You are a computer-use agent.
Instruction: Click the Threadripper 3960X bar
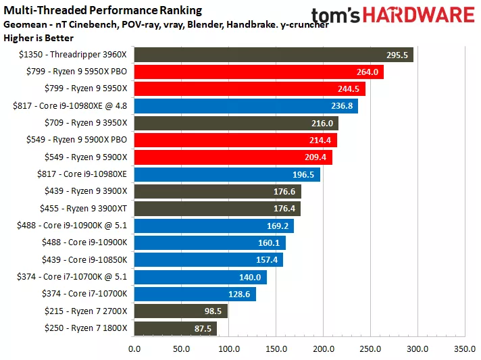(x=273, y=55)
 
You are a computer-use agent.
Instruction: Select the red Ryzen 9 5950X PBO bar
(x=258, y=72)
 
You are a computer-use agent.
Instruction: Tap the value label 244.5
(x=349, y=89)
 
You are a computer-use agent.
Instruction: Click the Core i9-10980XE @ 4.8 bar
(x=245, y=106)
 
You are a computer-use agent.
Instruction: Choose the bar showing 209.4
(x=232, y=157)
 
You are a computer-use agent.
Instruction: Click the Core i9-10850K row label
(x=88, y=259)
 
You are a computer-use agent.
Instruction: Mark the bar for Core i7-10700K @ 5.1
(x=200, y=276)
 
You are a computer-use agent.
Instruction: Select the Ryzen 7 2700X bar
(x=180, y=310)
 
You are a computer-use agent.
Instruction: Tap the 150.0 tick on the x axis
(x=276, y=349)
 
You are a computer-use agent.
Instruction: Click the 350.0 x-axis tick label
(x=465, y=349)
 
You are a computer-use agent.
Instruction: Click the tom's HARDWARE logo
(x=393, y=16)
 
